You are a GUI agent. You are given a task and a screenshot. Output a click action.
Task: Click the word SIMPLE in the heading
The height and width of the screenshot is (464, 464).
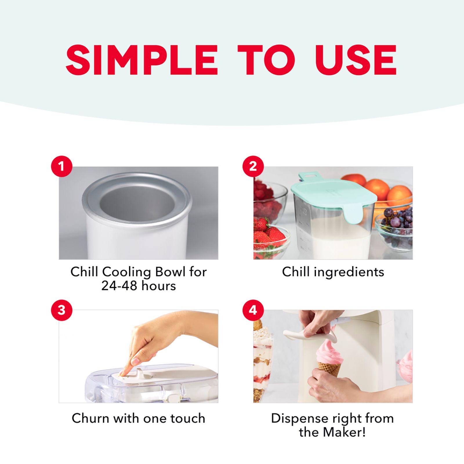click(x=142, y=60)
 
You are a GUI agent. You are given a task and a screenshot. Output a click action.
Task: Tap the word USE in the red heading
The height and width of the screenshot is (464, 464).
click(x=356, y=60)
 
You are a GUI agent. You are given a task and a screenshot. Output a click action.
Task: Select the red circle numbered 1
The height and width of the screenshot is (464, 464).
click(x=61, y=166)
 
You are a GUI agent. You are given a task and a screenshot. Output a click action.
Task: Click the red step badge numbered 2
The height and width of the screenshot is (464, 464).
click(x=253, y=166)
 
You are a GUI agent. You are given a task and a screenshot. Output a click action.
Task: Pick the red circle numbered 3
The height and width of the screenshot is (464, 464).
click(x=61, y=310)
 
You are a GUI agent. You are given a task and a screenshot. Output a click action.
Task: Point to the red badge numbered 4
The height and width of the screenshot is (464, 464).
click(x=253, y=310)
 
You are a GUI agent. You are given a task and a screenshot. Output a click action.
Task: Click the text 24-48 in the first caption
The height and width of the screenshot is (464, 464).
click(x=119, y=286)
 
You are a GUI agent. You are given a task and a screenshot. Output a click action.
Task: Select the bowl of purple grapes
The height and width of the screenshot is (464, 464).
click(x=394, y=229)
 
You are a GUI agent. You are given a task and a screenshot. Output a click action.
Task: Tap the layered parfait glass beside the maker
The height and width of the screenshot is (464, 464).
click(x=263, y=362)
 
